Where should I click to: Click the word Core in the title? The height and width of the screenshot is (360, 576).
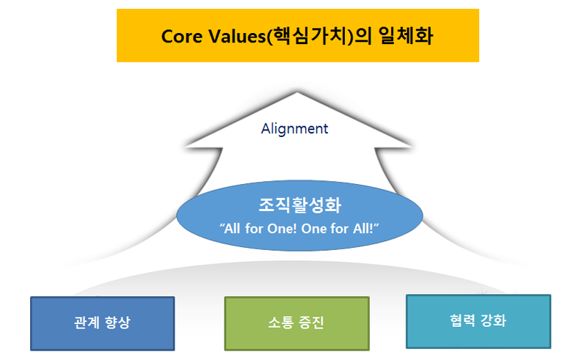(x=181, y=37)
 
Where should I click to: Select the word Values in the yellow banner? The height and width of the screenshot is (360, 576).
(x=237, y=37)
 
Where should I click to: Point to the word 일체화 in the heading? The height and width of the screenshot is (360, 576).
(x=406, y=36)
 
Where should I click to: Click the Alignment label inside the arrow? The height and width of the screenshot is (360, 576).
(x=295, y=129)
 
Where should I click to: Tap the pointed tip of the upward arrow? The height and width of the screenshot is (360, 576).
(x=297, y=92)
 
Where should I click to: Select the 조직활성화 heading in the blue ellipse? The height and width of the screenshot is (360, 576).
(x=300, y=205)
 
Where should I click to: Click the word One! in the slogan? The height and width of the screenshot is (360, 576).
(x=282, y=229)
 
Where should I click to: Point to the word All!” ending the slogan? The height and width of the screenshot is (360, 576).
(x=365, y=228)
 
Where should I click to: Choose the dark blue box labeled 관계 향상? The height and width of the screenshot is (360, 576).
(x=103, y=323)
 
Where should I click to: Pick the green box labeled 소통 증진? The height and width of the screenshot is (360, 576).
(x=297, y=323)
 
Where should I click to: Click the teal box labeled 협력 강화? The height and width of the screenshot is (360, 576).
(x=478, y=321)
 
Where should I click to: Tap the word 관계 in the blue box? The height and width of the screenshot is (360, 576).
(x=87, y=323)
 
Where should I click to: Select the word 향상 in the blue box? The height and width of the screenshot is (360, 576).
(x=117, y=323)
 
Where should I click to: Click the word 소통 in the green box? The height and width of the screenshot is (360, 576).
(x=281, y=323)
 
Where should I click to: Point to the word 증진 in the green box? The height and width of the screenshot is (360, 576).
(x=312, y=323)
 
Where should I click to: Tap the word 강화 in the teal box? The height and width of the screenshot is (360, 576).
(x=493, y=320)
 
